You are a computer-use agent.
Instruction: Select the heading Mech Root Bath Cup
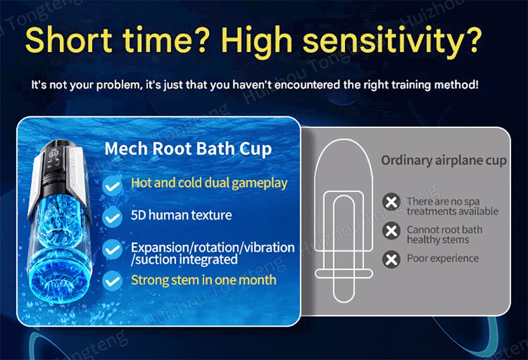click(x=188, y=148)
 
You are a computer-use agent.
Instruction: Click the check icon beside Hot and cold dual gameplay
click(x=113, y=186)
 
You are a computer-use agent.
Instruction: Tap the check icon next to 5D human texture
click(x=113, y=218)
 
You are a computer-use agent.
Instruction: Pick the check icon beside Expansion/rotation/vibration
click(x=113, y=249)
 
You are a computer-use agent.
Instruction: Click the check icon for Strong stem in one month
click(x=113, y=281)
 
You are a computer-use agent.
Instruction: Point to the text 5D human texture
click(x=181, y=215)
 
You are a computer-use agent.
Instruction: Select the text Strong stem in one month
click(x=204, y=280)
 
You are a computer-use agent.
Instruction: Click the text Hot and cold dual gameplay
click(x=209, y=183)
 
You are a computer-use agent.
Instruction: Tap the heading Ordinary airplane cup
click(x=444, y=161)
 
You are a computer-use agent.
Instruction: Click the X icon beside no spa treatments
click(x=391, y=202)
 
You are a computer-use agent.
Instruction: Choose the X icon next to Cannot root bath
click(x=391, y=231)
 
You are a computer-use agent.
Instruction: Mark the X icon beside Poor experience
click(x=391, y=259)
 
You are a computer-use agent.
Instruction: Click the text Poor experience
click(x=443, y=259)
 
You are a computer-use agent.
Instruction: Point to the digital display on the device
click(x=54, y=154)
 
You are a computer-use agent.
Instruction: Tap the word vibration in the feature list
click(x=269, y=247)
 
